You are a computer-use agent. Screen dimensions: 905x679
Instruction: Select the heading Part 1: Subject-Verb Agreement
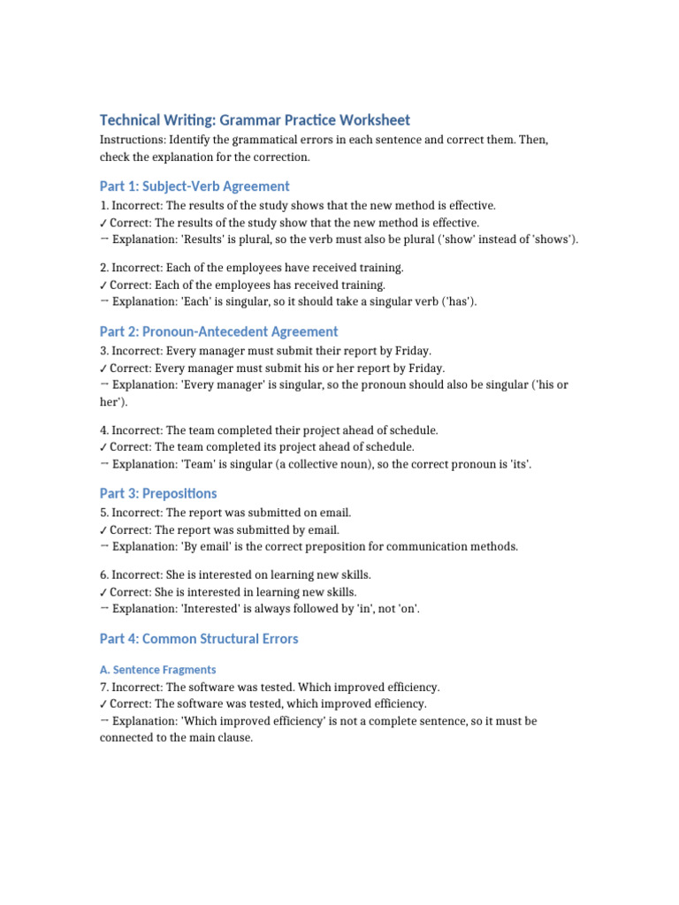click(x=195, y=186)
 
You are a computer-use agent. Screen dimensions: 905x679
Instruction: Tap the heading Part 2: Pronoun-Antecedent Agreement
click(x=218, y=331)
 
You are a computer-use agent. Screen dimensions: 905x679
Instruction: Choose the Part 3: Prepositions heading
click(x=158, y=493)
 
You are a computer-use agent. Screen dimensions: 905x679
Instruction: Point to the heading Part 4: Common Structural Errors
click(x=199, y=638)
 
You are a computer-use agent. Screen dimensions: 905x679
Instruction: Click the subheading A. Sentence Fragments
click(x=158, y=670)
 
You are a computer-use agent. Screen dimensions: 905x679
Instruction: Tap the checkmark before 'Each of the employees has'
click(x=103, y=285)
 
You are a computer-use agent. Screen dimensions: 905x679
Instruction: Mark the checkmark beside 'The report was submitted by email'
click(x=103, y=530)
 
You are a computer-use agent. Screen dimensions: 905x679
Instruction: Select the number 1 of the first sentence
click(x=103, y=205)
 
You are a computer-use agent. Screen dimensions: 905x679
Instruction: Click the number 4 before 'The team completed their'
click(x=103, y=430)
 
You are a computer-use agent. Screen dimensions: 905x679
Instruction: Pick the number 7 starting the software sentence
click(x=103, y=687)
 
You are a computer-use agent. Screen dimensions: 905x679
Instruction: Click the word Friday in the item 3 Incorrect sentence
click(x=410, y=351)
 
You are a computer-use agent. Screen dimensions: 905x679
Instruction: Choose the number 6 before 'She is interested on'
click(x=103, y=574)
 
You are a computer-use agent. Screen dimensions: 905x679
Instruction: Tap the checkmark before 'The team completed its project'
click(x=103, y=447)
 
